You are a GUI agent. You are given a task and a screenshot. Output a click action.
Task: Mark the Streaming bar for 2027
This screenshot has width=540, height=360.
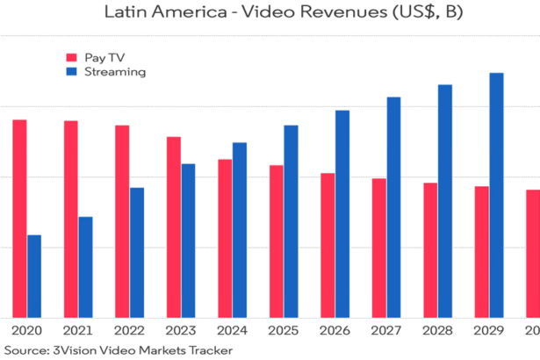[393, 206]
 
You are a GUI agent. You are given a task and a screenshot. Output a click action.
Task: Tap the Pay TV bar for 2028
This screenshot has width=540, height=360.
[429, 249]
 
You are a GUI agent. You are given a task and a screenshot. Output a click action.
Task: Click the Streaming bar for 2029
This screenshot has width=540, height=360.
[496, 194]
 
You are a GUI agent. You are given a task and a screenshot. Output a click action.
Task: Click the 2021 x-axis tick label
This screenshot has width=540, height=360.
[78, 330]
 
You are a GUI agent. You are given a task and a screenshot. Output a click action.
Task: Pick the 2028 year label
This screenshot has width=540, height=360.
[437, 330]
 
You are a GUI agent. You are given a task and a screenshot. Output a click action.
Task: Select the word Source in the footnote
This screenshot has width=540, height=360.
[23, 351]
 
